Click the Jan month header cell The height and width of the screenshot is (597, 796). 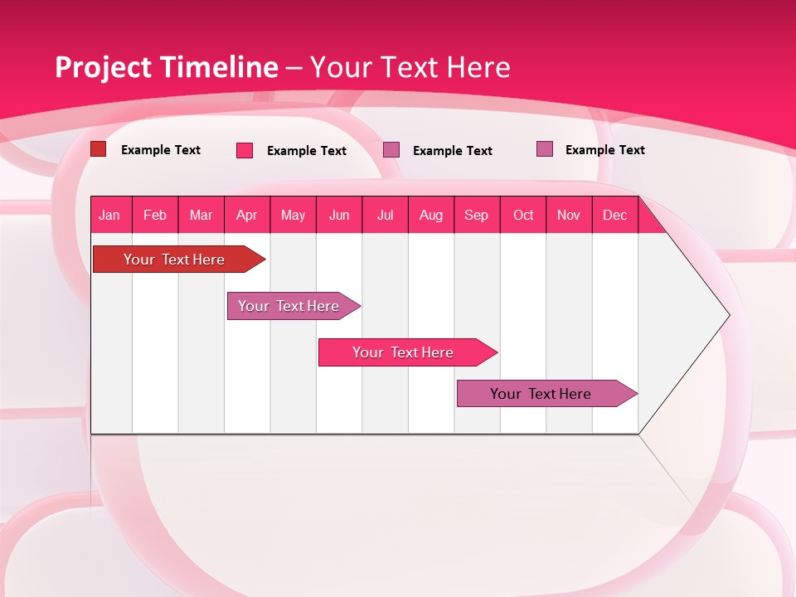point(110,215)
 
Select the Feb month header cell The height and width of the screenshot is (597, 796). point(155,215)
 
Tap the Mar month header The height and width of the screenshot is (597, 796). point(201,215)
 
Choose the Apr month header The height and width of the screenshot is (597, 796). point(247,215)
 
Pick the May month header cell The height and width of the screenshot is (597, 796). point(293,215)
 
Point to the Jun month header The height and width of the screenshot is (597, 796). point(339,215)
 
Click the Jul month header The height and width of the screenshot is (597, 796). point(385,215)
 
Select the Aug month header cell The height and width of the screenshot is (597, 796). point(431,215)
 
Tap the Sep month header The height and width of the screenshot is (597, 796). point(477,215)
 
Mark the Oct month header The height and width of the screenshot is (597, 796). point(523,215)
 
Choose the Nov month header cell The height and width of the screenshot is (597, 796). point(569,215)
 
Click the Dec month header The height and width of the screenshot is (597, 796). point(615,215)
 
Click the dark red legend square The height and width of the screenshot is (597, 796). point(98,149)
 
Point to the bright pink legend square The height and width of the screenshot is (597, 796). point(245,150)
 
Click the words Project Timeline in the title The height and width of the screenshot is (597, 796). point(166,67)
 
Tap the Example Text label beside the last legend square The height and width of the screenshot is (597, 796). point(604,150)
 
